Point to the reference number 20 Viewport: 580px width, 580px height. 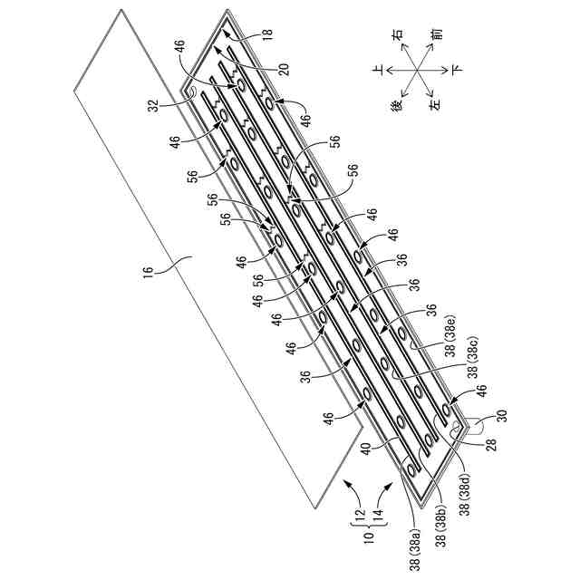click(284, 70)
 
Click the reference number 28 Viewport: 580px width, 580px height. click(492, 444)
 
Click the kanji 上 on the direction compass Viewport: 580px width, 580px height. click(378, 70)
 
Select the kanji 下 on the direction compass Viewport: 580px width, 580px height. click(457, 70)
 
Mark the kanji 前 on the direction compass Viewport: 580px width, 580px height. click(437, 34)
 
